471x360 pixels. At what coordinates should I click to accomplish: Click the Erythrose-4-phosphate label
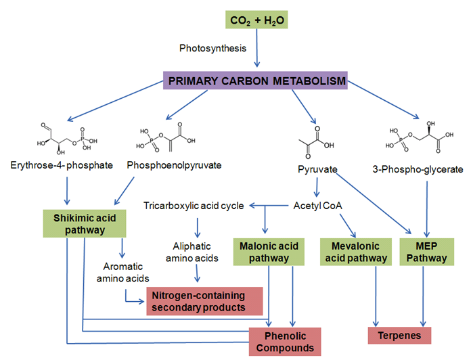(x=62, y=165)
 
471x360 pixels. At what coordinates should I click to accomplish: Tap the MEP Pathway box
(x=424, y=250)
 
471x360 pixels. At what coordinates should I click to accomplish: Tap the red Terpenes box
(x=399, y=336)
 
